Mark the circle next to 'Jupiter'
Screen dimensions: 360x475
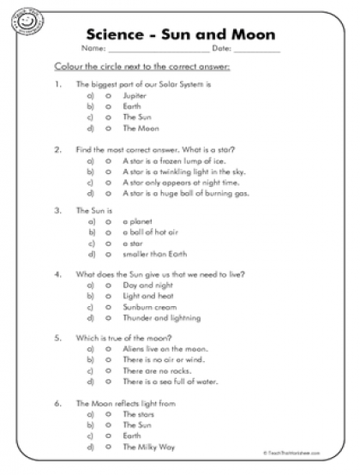[108, 96]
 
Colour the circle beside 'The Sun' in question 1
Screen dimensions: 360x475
[108, 117]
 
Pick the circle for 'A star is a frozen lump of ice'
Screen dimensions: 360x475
[108, 160]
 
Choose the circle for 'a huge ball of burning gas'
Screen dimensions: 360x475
[108, 193]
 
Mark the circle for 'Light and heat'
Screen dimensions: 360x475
[108, 296]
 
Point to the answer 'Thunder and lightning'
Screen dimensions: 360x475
[162, 318]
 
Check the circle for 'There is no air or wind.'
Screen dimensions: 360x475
[108, 360]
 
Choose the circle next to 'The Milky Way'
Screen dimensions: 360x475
[108, 446]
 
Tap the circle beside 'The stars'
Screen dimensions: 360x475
[108, 413]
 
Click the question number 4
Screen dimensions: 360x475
[57, 274]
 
